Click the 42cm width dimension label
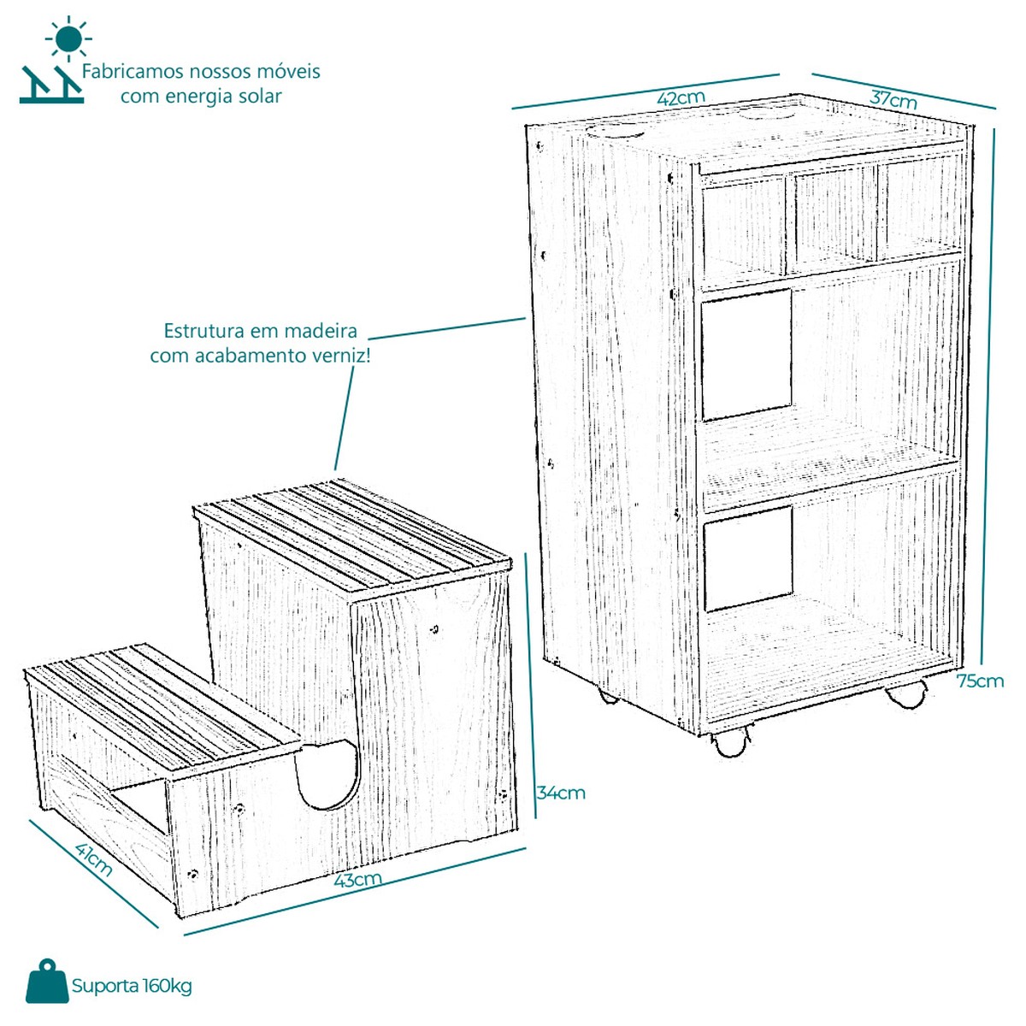pyautogui.click(x=681, y=98)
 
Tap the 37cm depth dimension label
pyautogui.click(x=893, y=99)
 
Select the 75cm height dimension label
pyautogui.click(x=980, y=681)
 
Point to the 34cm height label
pyautogui.click(x=561, y=793)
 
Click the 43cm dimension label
pyautogui.click(x=357, y=879)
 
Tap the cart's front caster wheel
pyautogui.click(x=730, y=743)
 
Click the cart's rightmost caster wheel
pyautogui.click(x=905, y=694)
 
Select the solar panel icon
pyautogui.click(x=51, y=84)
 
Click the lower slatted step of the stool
pyautogui.click(x=162, y=705)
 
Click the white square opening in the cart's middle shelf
pyautogui.click(x=746, y=355)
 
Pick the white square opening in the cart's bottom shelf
pyautogui.click(x=748, y=558)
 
